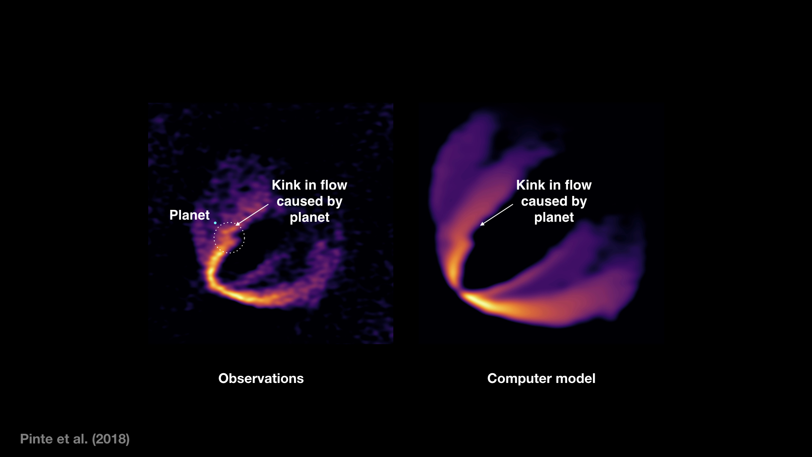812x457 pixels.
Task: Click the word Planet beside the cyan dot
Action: pyautogui.click(x=189, y=215)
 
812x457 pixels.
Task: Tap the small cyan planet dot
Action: pyautogui.click(x=215, y=223)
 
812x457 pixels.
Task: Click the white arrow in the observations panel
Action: pyautogui.click(x=252, y=215)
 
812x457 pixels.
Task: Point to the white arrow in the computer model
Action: pyautogui.click(x=497, y=215)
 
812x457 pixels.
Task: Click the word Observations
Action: pyautogui.click(x=261, y=378)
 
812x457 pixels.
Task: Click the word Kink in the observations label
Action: pyautogui.click(x=286, y=185)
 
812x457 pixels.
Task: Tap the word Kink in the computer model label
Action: pyautogui.click(x=530, y=185)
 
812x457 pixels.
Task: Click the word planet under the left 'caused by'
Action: pyautogui.click(x=310, y=217)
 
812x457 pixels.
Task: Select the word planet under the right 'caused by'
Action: pyautogui.click(x=554, y=217)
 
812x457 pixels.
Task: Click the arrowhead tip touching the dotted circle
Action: pyautogui.click(x=236, y=225)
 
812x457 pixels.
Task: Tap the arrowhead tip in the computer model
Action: pyautogui.click(x=480, y=225)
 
